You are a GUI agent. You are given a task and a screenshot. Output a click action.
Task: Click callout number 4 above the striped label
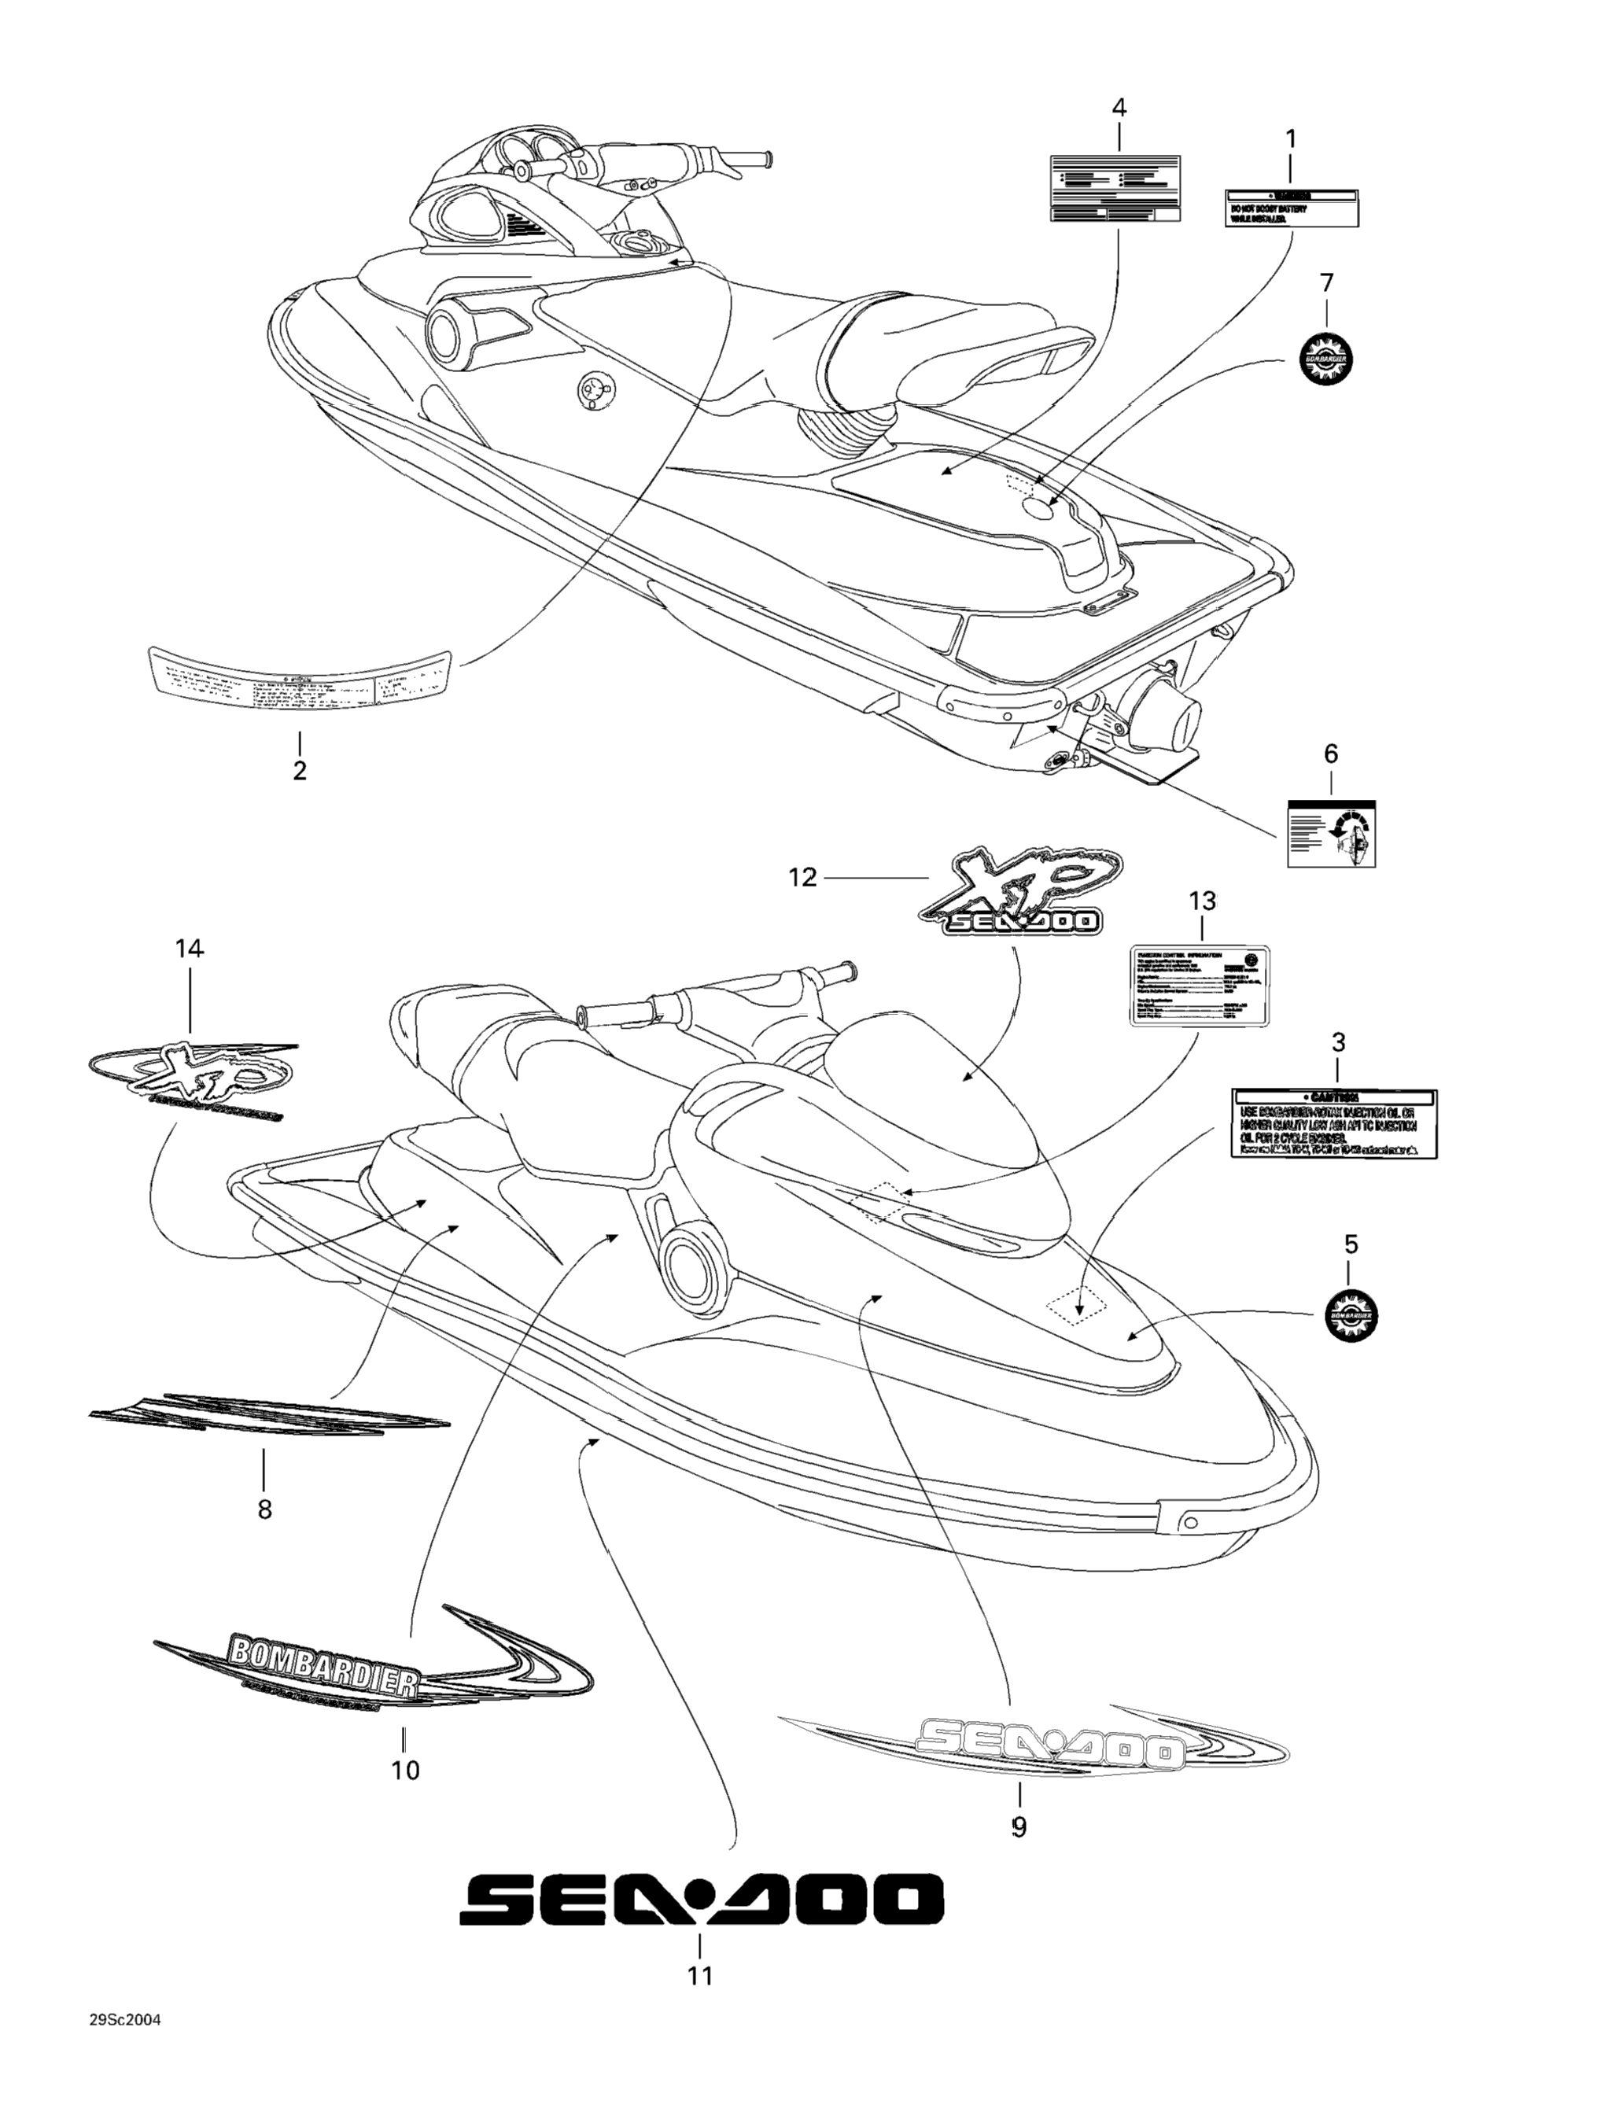click(x=1118, y=108)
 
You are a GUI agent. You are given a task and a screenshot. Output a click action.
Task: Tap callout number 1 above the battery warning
click(x=1291, y=139)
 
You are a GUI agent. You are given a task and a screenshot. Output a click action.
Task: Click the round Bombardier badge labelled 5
click(x=1351, y=1315)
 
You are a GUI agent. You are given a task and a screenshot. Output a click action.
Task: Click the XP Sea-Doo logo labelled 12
click(x=1018, y=892)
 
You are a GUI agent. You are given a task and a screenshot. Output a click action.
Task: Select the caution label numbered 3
click(x=1334, y=1123)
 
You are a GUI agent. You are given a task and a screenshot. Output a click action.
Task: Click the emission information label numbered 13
click(x=1199, y=987)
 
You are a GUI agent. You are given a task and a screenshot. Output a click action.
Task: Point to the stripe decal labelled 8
click(x=268, y=1415)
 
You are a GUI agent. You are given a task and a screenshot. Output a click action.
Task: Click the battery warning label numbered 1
click(x=1291, y=208)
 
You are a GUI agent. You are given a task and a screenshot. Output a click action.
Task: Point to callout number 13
click(x=1203, y=901)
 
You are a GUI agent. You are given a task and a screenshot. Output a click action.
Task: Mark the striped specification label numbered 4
click(x=1114, y=189)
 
